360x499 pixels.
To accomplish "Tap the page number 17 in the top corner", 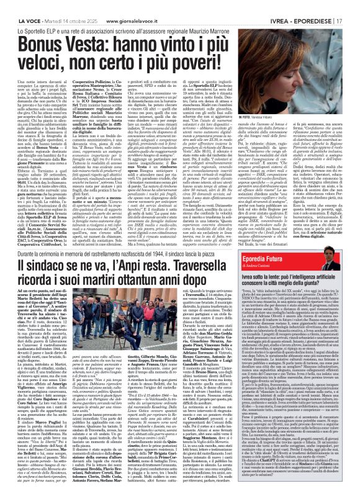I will (x=352, y=6).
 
